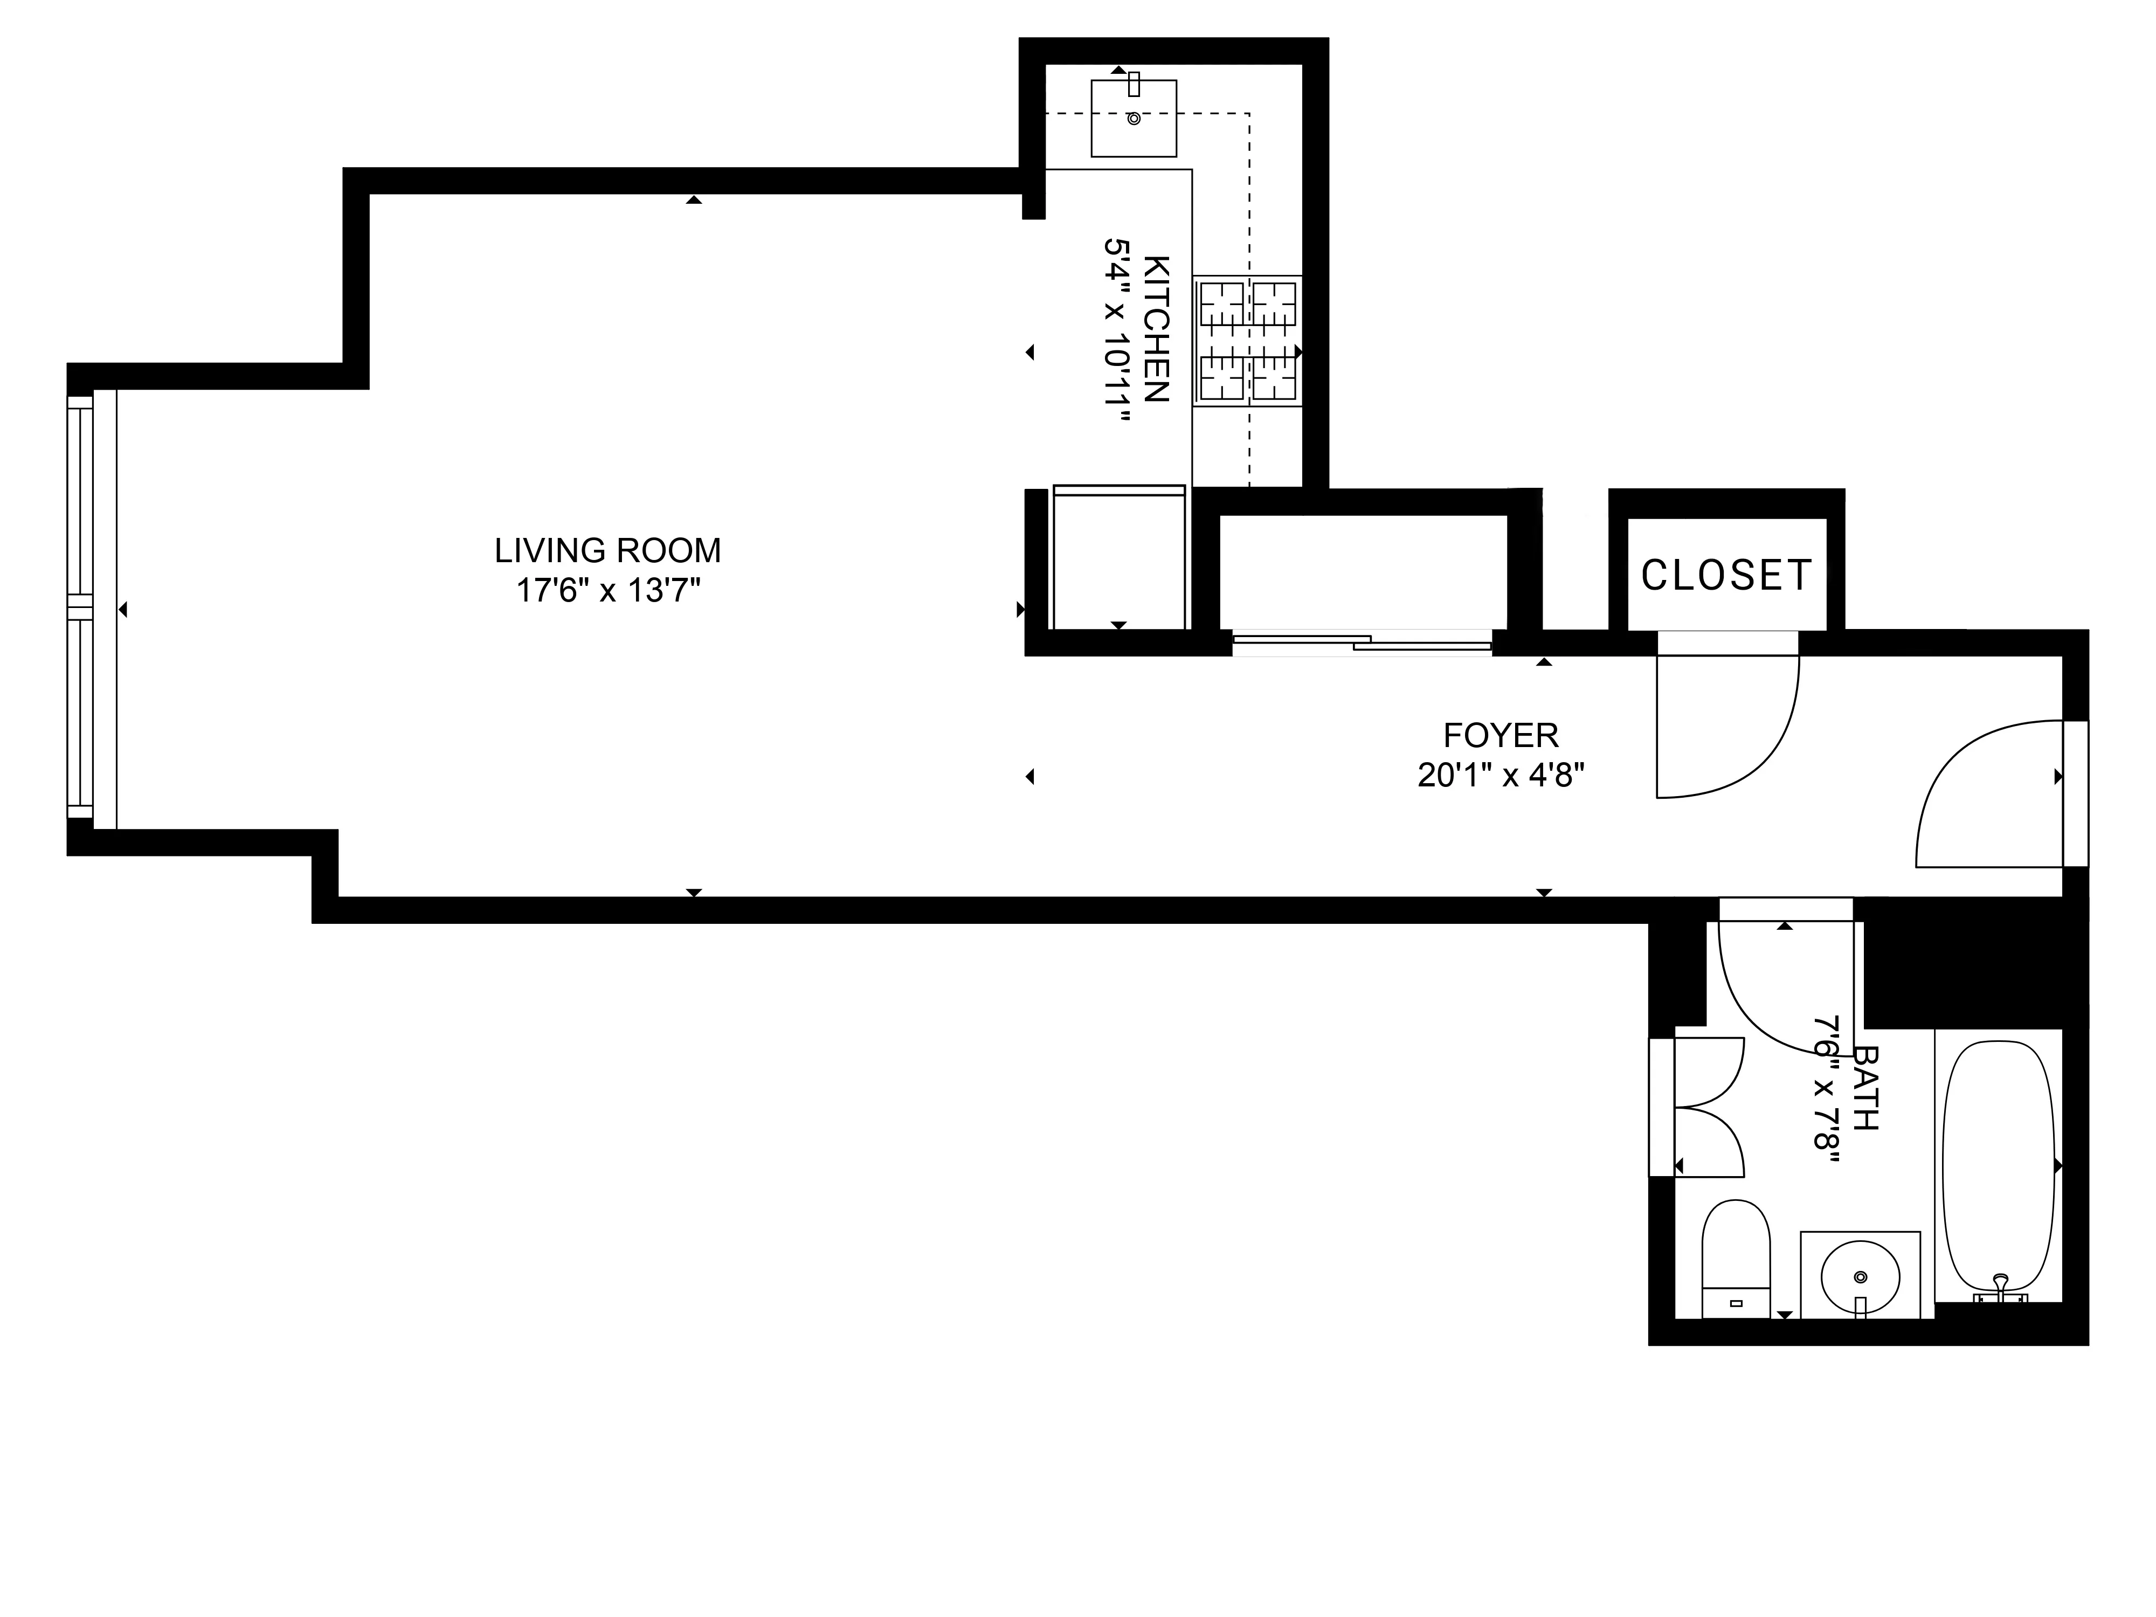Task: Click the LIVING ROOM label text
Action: point(607,552)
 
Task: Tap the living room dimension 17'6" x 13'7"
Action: point(607,591)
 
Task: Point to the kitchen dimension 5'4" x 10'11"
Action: point(1117,329)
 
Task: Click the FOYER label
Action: point(1500,735)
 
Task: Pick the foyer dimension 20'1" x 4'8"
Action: point(1500,775)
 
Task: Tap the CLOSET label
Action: point(1726,575)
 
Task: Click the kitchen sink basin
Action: point(1134,119)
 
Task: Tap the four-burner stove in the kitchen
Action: point(1248,341)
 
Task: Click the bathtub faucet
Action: point(2000,1289)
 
